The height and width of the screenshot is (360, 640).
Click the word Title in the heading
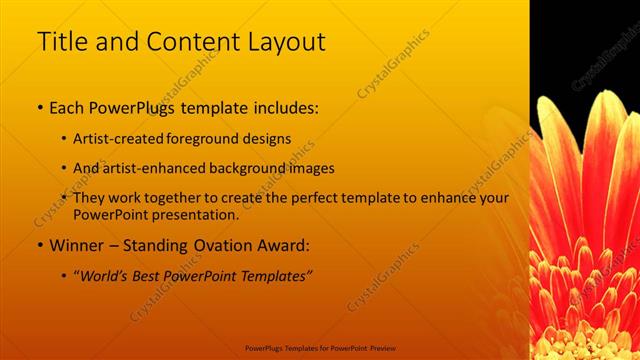point(62,42)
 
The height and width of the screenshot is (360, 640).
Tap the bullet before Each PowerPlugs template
point(39,105)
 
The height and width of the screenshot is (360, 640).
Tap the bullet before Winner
point(39,245)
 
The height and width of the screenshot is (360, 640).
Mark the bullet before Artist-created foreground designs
point(65,137)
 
